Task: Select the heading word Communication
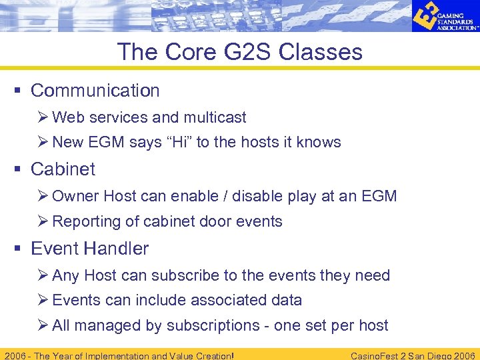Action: point(95,91)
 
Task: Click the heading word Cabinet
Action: point(63,169)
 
